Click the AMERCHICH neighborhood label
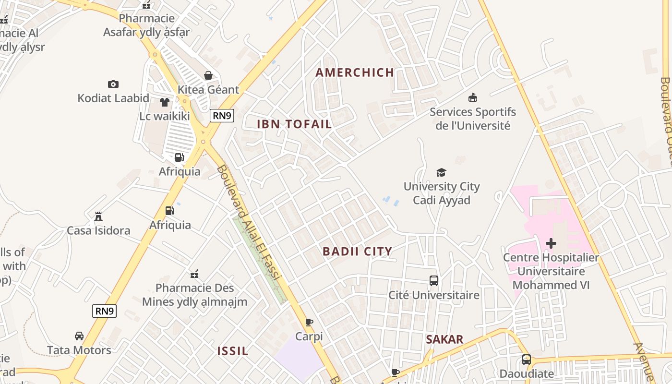pyautogui.click(x=355, y=72)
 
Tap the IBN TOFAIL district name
pyautogui.click(x=294, y=124)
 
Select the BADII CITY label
pyautogui.click(x=357, y=251)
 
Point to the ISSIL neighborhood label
pyautogui.click(x=233, y=351)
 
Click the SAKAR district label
pyautogui.click(x=444, y=339)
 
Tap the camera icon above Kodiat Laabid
pyautogui.click(x=113, y=84)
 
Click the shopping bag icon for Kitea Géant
pyautogui.click(x=208, y=75)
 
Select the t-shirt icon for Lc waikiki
pyautogui.click(x=165, y=102)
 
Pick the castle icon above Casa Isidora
pyautogui.click(x=98, y=216)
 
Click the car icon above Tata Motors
pyautogui.click(x=79, y=336)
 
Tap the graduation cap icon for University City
pyautogui.click(x=441, y=172)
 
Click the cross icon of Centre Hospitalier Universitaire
pyautogui.click(x=551, y=243)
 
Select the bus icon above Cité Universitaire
pyautogui.click(x=434, y=281)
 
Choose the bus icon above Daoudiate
pyautogui.click(x=527, y=360)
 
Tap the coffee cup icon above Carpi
pyautogui.click(x=309, y=322)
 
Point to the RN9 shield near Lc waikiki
pyautogui.click(x=222, y=115)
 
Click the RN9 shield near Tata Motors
pyautogui.click(x=104, y=311)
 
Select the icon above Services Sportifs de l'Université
pyautogui.click(x=473, y=98)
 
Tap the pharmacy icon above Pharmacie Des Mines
pyautogui.click(x=194, y=274)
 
